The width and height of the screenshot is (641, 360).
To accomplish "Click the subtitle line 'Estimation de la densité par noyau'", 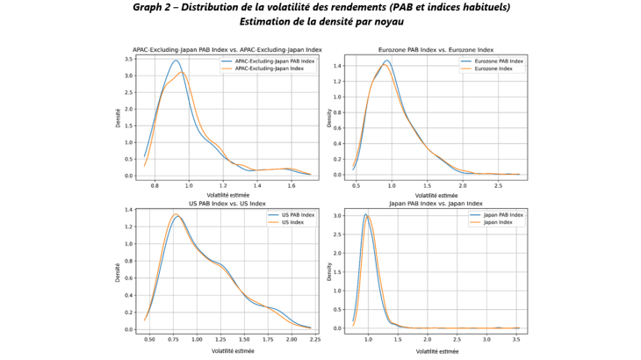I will [320, 21].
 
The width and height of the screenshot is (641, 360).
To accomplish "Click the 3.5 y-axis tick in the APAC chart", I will [131, 60].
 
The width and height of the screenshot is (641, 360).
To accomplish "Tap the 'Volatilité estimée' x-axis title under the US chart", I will [227, 350].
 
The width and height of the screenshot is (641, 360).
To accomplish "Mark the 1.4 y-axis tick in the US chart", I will [131, 211].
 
